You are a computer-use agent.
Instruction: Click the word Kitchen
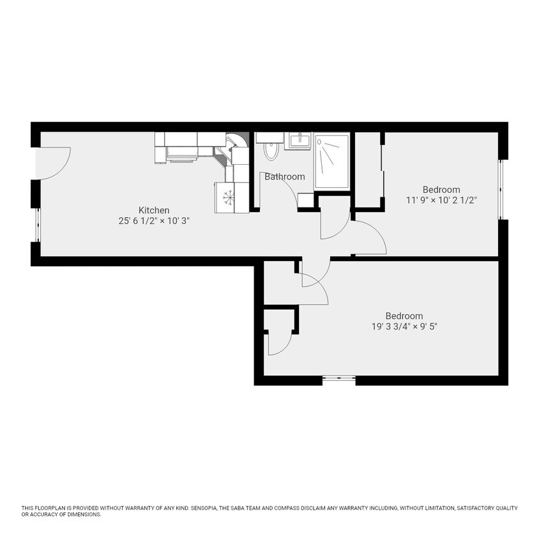(x=155, y=210)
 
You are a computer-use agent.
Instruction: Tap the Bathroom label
(x=285, y=177)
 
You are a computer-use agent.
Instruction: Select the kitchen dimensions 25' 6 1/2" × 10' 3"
(x=155, y=221)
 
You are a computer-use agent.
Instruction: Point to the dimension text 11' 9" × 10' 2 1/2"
(x=441, y=200)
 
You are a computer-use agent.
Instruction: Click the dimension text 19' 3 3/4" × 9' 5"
(x=404, y=326)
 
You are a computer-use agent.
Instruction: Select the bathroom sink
(x=298, y=140)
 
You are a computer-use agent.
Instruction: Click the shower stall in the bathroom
(x=331, y=160)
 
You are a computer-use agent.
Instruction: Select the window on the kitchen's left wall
(x=38, y=225)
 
